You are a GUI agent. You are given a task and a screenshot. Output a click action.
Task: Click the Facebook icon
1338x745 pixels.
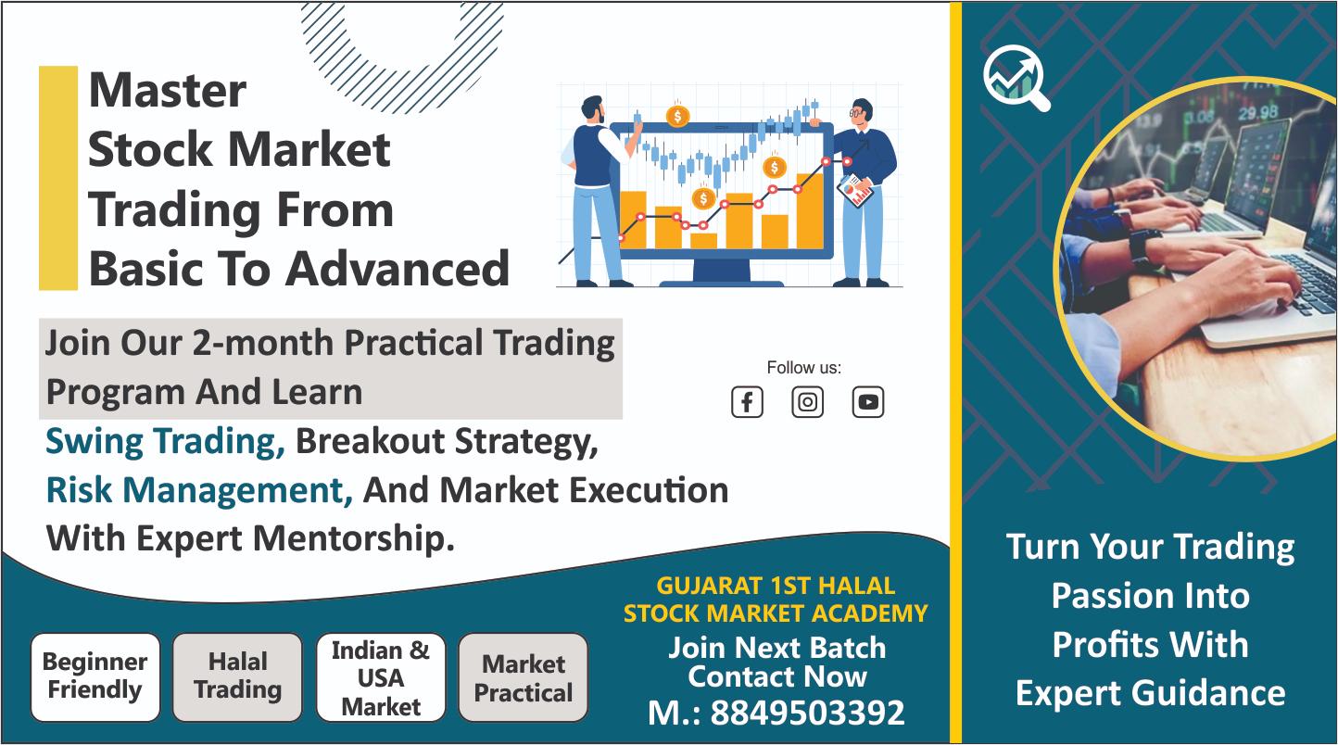click(747, 401)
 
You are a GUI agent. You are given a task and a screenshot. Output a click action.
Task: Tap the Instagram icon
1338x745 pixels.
click(808, 401)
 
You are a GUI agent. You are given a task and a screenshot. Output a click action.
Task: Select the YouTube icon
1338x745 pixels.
click(868, 401)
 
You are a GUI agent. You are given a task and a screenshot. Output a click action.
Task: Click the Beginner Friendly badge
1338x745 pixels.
click(95, 676)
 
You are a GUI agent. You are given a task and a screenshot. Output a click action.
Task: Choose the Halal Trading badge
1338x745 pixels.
click(238, 676)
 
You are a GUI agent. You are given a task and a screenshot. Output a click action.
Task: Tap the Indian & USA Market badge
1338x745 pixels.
click(381, 676)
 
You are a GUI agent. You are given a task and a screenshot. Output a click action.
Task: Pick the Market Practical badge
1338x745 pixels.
click(524, 676)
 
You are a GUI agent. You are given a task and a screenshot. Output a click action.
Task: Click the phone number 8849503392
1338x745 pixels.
click(807, 713)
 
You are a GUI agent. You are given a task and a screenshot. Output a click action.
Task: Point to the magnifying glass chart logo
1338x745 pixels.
click(1016, 78)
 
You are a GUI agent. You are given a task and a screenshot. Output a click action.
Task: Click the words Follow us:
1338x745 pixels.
click(804, 368)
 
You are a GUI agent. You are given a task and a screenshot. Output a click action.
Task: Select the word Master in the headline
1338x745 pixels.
click(167, 91)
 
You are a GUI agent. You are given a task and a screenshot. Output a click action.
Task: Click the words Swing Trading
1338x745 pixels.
click(166, 442)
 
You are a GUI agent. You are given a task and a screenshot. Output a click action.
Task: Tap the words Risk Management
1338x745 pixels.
click(199, 490)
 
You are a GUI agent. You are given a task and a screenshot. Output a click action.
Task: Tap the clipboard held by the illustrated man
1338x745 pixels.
click(855, 191)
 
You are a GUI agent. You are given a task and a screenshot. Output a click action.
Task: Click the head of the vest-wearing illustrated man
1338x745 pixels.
click(592, 109)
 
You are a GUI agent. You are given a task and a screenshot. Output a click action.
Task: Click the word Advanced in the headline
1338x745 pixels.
click(398, 269)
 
